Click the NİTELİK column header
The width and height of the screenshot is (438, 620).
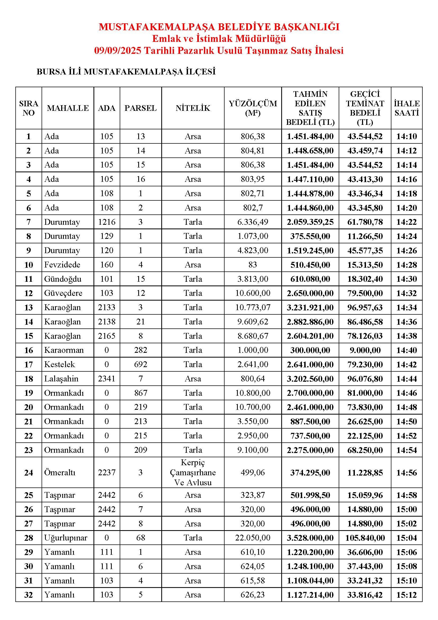(193, 108)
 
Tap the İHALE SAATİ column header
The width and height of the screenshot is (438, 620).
(406, 108)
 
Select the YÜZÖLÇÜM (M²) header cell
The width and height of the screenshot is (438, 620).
(253, 108)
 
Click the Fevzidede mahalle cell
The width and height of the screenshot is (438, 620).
(62, 265)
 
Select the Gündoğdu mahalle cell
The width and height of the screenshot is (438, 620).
(63, 279)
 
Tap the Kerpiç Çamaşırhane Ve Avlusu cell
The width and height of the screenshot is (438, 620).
(193, 473)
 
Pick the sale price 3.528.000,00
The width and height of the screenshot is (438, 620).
(310, 538)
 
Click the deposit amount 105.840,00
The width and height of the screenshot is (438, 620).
(365, 538)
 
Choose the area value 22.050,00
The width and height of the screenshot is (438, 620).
(253, 538)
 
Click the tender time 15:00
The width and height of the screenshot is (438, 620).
(406, 509)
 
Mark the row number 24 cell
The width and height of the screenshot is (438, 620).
(29, 473)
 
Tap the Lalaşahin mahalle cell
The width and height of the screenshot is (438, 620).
(61, 379)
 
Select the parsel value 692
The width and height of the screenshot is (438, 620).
(141, 364)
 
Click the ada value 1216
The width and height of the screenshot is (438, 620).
(106, 222)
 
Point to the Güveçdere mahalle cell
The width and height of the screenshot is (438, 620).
(63, 293)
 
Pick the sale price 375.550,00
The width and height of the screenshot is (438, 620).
(310, 236)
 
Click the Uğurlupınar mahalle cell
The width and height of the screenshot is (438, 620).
(66, 538)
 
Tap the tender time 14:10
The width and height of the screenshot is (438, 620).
(406, 136)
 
